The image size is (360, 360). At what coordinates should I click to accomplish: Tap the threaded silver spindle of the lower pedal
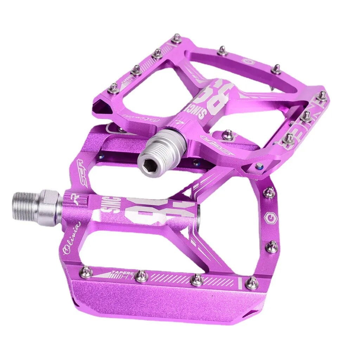[x=26, y=206]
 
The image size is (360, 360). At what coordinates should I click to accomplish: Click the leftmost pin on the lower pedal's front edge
[x=86, y=272]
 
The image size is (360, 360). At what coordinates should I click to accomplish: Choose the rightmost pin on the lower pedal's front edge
[x=252, y=283]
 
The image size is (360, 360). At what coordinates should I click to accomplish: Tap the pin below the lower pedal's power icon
[x=271, y=247]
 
